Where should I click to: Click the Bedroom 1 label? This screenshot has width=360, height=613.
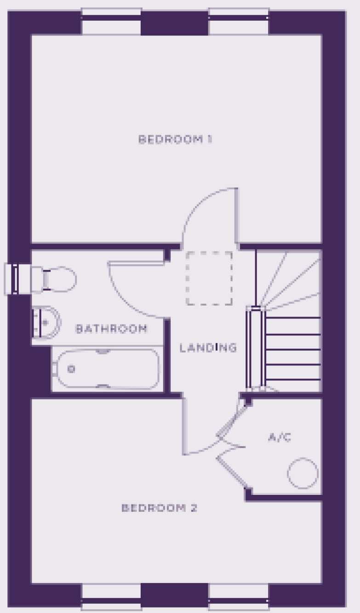point(175,139)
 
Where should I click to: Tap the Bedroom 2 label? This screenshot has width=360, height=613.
point(160,508)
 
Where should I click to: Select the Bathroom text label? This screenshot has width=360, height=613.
point(111,329)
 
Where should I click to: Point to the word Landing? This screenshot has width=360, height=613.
point(208,348)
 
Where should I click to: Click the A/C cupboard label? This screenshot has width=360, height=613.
point(280,437)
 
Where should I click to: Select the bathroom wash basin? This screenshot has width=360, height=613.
point(46,323)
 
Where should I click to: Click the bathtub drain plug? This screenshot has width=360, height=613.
point(71,369)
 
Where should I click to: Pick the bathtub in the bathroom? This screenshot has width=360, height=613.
point(107,369)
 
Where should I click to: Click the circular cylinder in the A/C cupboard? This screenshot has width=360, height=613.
point(303,473)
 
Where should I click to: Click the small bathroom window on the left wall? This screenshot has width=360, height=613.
point(17,279)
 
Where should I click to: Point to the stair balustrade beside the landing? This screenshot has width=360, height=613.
point(256,347)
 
